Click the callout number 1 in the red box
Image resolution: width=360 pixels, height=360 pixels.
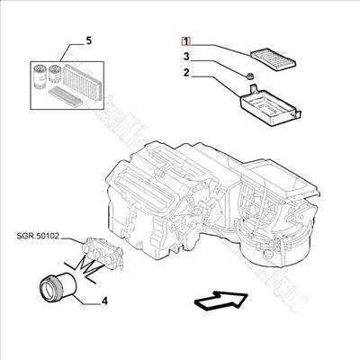[x=186, y=41]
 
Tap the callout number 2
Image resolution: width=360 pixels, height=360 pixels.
[x=186, y=73]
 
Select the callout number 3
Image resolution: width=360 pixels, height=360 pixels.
[x=186, y=57]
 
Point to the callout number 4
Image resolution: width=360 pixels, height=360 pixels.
[x=104, y=301]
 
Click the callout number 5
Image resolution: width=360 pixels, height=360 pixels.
[x=89, y=40]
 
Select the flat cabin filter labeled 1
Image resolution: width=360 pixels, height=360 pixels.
[x=273, y=59]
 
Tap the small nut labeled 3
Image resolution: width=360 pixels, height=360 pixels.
[x=249, y=76]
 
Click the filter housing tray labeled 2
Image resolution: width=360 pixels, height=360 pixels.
[x=271, y=105]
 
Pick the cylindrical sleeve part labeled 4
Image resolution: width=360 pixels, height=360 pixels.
[x=58, y=285]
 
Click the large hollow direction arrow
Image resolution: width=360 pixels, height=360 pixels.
[x=221, y=300]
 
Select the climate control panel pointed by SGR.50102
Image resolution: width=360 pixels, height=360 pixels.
[x=102, y=252]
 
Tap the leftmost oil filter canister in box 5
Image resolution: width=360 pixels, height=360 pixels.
[x=40, y=76]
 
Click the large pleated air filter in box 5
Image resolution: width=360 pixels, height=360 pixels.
[x=81, y=79]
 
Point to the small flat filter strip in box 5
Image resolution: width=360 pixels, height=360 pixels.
[x=66, y=95]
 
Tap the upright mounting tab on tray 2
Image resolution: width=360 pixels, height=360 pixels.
[x=253, y=89]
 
